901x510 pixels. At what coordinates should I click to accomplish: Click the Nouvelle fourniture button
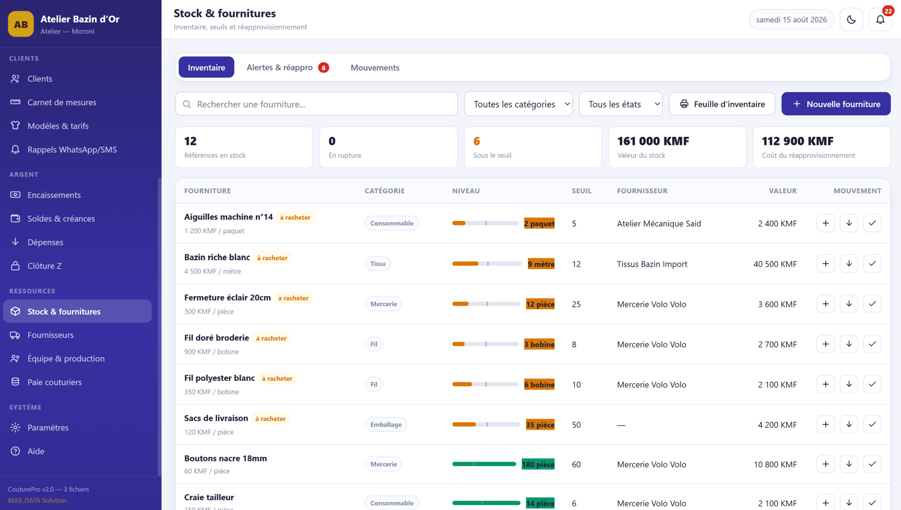(836, 104)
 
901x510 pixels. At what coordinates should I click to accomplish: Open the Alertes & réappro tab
(288, 67)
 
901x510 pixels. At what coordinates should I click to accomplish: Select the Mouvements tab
(375, 67)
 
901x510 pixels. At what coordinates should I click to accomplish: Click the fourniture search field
(316, 104)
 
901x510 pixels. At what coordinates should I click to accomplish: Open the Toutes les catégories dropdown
(518, 104)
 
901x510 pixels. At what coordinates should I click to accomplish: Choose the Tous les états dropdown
(620, 104)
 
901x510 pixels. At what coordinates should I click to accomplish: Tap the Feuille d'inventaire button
(722, 104)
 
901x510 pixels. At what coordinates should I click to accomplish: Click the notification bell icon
(880, 19)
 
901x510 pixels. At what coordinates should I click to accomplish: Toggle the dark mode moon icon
(851, 19)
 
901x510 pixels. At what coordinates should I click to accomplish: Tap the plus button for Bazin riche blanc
(825, 264)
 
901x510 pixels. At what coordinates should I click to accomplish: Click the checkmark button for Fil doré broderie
(872, 344)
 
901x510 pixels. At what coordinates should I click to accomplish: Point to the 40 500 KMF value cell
(775, 264)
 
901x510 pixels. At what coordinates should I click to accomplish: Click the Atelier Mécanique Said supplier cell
(659, 223)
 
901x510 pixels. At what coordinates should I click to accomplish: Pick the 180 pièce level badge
(538, 464)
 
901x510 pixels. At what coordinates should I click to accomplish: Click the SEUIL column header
(581, 190)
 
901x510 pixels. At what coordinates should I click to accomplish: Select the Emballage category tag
(386, 424)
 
